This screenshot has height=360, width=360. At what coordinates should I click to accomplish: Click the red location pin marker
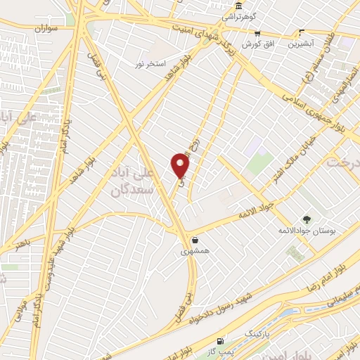(x=181, y=165)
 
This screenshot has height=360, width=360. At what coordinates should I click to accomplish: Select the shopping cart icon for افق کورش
(x=258, y=32)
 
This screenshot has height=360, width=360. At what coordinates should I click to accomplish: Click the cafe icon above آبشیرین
(x=302, y=32)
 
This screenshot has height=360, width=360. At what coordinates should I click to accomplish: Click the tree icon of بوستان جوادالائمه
(x=306, y=219)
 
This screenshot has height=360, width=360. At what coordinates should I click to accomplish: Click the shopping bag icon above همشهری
(x=195, y=240)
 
